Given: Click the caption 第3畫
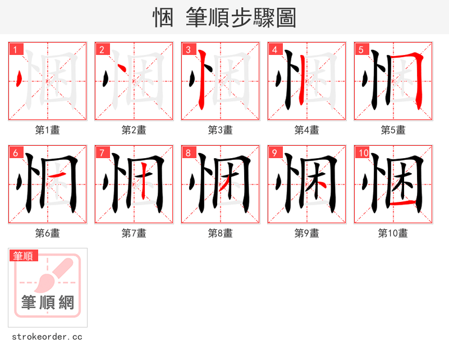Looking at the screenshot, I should coord(220,130).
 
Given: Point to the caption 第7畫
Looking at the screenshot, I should coord(134,233).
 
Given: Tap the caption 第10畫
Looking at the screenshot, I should coord(393,233).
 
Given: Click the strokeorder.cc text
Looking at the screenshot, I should coord(47,337).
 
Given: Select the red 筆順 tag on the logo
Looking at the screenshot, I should coord(24,256).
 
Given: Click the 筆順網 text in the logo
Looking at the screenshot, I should coord(48,303).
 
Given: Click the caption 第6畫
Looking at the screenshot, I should coord(47,233).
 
